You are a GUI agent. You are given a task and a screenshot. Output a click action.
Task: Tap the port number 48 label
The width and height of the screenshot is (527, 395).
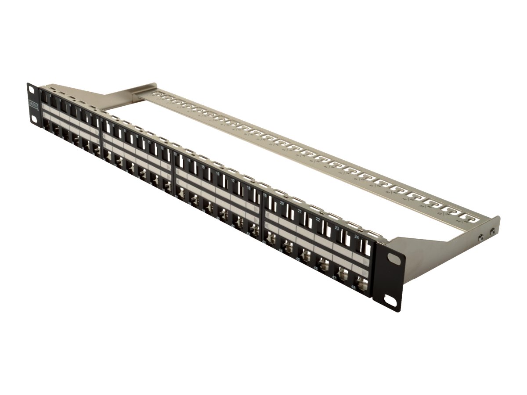(354, 287)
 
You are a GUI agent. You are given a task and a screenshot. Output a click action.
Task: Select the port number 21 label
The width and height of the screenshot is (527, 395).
(300, 211)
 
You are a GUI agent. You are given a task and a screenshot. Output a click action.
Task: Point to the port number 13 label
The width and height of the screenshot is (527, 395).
(176, 155)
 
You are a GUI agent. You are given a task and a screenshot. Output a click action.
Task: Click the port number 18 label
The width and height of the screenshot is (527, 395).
(249, 187)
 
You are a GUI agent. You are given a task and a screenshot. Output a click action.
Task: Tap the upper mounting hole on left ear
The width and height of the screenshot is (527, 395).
(32, 90)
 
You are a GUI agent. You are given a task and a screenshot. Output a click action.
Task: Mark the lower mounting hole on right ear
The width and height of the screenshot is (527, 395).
(391, 302)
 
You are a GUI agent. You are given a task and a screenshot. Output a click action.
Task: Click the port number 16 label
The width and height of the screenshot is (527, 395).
(217, 174)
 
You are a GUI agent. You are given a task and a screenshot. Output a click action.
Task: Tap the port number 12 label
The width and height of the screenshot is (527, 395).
(163, 148)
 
